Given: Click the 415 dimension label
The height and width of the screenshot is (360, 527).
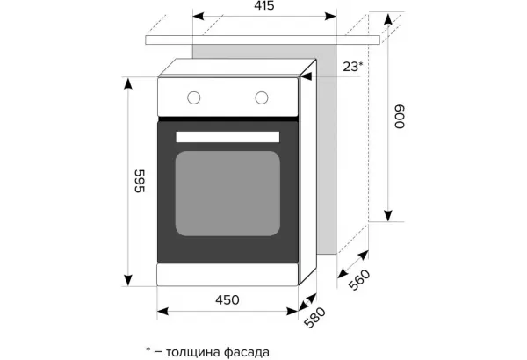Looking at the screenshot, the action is (264, 6).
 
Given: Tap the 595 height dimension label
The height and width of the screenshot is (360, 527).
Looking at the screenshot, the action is (140, 181).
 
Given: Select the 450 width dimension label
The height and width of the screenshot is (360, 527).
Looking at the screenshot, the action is (227, 299).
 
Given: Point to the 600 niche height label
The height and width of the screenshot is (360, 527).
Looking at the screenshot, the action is (400, 117).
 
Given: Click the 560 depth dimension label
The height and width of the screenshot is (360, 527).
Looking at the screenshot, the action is (359, 279).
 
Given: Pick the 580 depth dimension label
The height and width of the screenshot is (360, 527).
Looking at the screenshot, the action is (315, 317).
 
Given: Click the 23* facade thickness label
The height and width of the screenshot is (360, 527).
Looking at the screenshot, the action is (353, 67).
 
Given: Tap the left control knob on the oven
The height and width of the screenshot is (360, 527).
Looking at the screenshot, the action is (194, 97).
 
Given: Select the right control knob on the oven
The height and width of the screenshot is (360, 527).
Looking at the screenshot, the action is (262, 97).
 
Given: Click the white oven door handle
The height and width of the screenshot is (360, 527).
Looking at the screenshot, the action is (227, 137).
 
